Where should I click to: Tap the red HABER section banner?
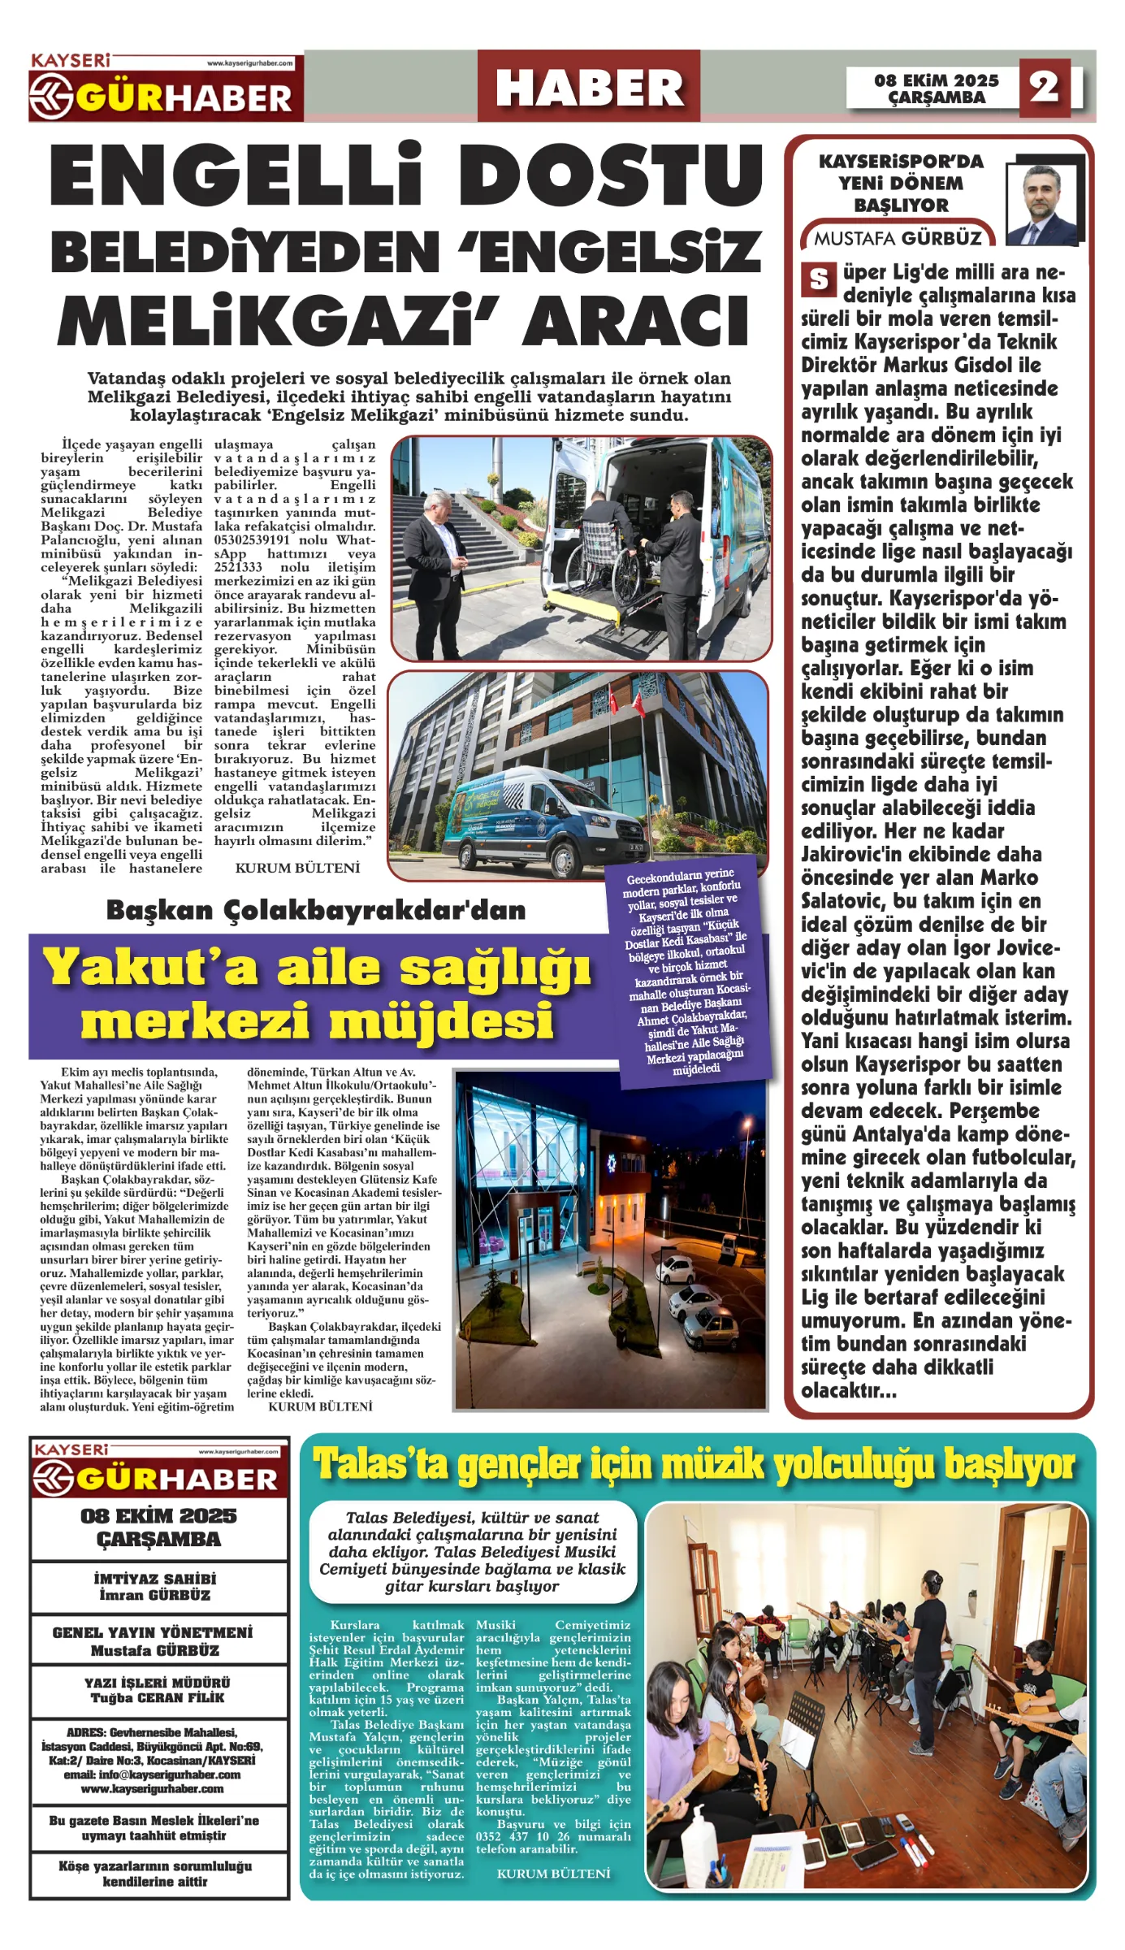588,87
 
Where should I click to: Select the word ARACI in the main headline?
636,318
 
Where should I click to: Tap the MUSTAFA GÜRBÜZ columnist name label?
898,238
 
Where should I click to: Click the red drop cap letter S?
818,279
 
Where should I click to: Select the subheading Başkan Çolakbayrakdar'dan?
315,910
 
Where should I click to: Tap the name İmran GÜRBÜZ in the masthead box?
155,1594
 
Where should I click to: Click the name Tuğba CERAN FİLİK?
158,1697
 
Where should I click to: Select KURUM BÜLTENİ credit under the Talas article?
553,1874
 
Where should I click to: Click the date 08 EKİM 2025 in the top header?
936,80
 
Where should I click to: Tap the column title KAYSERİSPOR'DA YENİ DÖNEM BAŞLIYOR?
901,183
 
